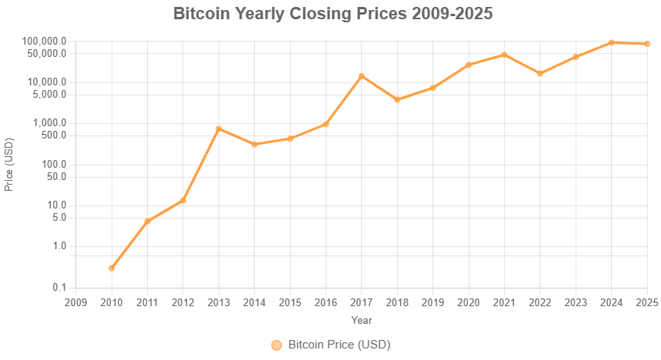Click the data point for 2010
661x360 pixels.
pyautogui.click(x=112, y=268)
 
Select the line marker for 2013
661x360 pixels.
pyautogui.click(x=219, y=128)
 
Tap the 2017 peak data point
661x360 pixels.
pyautogui.click(x=362, y=75)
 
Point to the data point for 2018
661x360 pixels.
pyautogui.click(x=397, y=100)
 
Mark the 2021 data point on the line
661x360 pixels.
pyautogui.click(x=505, y=55)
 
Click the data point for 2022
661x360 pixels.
pyautogui.click(x=540, y=74)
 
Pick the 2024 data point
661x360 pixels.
pyautogui.click(x=612, y=42)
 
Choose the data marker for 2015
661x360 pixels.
pyautogui.click(x=290, y=138)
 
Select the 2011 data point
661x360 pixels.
pyautogui.click(x=147, y=222)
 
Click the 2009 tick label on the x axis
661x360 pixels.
pyautogui.click(x=75, y=302)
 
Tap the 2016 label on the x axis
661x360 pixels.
pyautogui.click(x=325, y=302)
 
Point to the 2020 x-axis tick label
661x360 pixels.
pyautogui.click(x=469, y=302)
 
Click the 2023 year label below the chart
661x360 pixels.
pyautogui.click(x=576, y=302)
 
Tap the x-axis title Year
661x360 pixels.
pyautogui.click(x=362, y=319)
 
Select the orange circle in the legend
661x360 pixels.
pyautogui.click(x=277, y=345)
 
